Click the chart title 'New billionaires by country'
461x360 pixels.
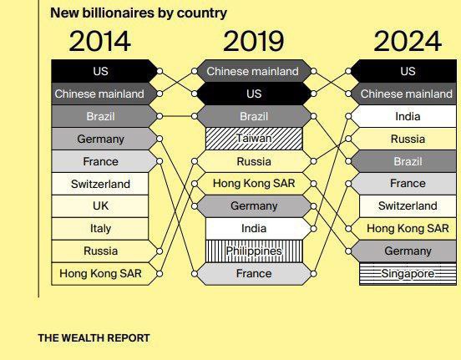click(139, 13)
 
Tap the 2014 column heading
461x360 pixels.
click(100, 41)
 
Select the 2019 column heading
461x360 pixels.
click(254, 41)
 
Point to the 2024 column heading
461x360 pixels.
click(408, 41)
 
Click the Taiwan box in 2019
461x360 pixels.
click(254, 139)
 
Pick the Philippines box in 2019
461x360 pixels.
click(254, 251)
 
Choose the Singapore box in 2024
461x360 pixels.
click(408, 274)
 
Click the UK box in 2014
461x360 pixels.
click(100, 206)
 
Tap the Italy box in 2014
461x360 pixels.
click(100, 229)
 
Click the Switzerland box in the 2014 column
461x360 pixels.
click(100, 184)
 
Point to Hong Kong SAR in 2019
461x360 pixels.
click(254, 184)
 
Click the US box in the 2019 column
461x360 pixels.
click(254, 94)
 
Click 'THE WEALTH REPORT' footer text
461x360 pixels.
click(94, 338)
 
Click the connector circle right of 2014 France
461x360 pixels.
click(160, 161)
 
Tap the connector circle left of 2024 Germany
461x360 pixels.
click(348, 251)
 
